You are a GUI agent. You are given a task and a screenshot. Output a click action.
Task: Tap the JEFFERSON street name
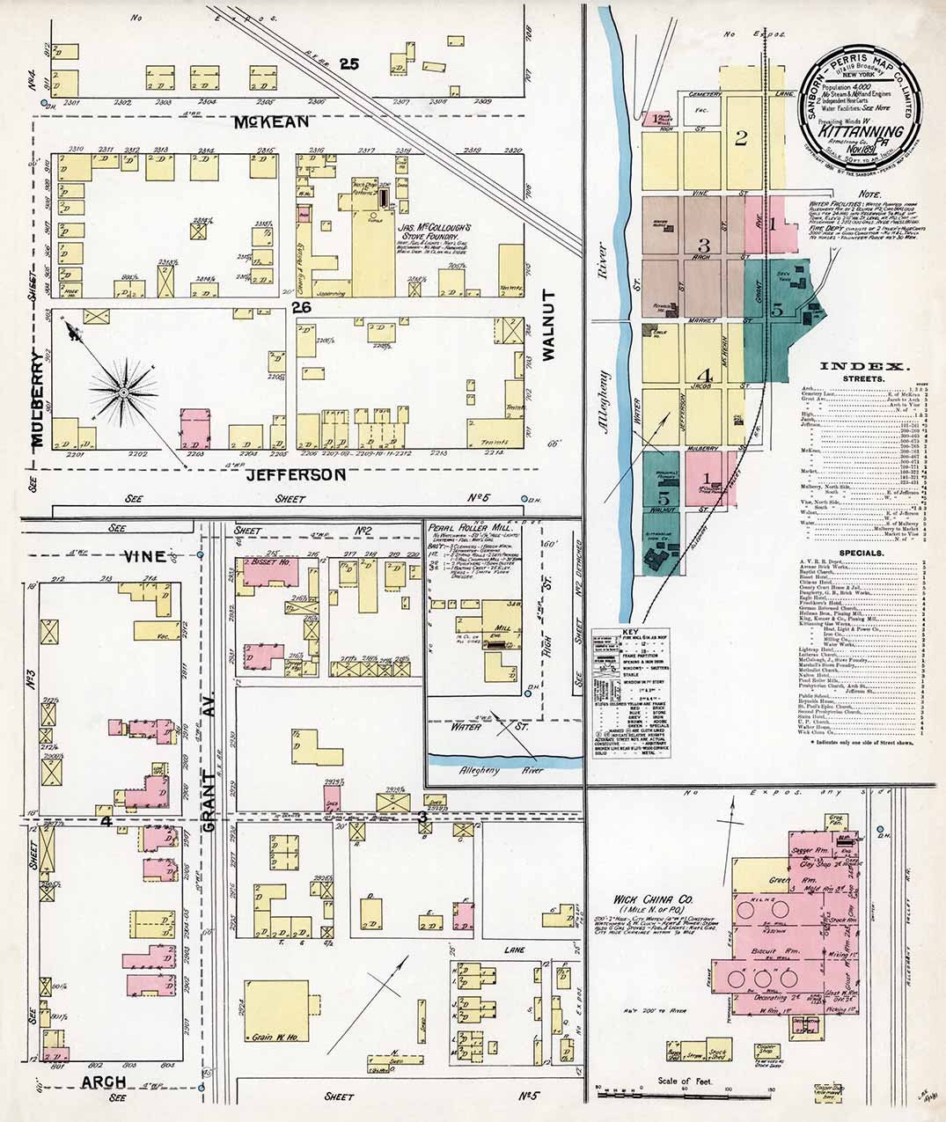[x=295, y=475]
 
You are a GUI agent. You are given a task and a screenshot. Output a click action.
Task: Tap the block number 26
[x=301, y=307]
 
